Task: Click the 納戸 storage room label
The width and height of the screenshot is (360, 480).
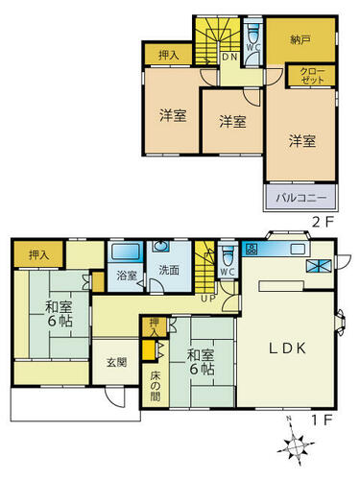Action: click(300, 40)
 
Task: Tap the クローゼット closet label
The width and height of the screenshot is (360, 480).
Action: click(312, 76)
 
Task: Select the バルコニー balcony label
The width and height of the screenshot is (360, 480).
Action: click(301, 197)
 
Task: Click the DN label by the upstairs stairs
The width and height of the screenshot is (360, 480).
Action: click(229, 58)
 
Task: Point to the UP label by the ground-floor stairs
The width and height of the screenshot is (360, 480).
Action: click(208, 299)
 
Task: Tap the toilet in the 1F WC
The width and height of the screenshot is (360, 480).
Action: click(228, 256)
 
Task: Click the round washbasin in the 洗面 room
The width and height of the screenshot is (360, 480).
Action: click(159, 246)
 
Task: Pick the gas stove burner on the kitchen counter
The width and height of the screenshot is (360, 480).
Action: click(251, 249)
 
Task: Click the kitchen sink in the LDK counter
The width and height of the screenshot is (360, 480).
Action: click(298, 249)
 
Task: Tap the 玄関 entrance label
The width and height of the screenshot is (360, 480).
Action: click(116, 362)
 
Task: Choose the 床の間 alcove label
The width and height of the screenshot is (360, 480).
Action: click(155, 386)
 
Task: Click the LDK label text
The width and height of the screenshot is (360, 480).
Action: click(287, 348)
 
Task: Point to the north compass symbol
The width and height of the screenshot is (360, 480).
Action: click(295, 444)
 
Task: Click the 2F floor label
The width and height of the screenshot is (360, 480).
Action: click(323, 223)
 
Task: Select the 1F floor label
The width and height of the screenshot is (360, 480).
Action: click(323, 420)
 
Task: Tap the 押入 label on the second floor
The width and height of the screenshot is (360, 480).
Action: click(169, 56)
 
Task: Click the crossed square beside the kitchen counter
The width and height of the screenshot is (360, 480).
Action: click(319, 266)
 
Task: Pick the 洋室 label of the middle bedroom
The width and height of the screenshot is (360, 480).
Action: click(233, 122)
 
